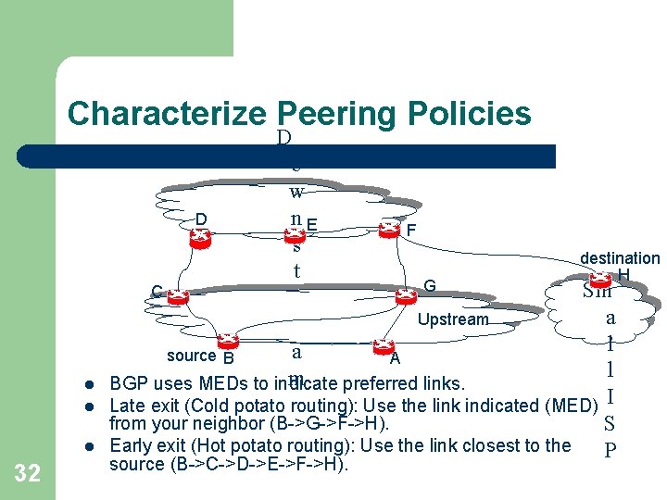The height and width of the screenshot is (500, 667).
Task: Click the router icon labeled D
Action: [x=199, y=235]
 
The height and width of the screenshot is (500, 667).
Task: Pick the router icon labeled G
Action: [x=405, y=295]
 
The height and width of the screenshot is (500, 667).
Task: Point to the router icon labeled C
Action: [x=178, y=296]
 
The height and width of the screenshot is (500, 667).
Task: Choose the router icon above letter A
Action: [x=383, y=346]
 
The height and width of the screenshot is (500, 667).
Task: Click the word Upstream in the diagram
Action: [x=453, y=319]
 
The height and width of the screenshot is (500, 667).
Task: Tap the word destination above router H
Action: [x=620, y=258]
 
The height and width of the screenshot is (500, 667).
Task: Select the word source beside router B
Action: [x=191, y=356]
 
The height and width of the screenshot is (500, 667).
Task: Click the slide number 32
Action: [x=28, y=474]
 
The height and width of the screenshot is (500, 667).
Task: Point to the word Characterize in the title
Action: [x=166, y=114]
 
